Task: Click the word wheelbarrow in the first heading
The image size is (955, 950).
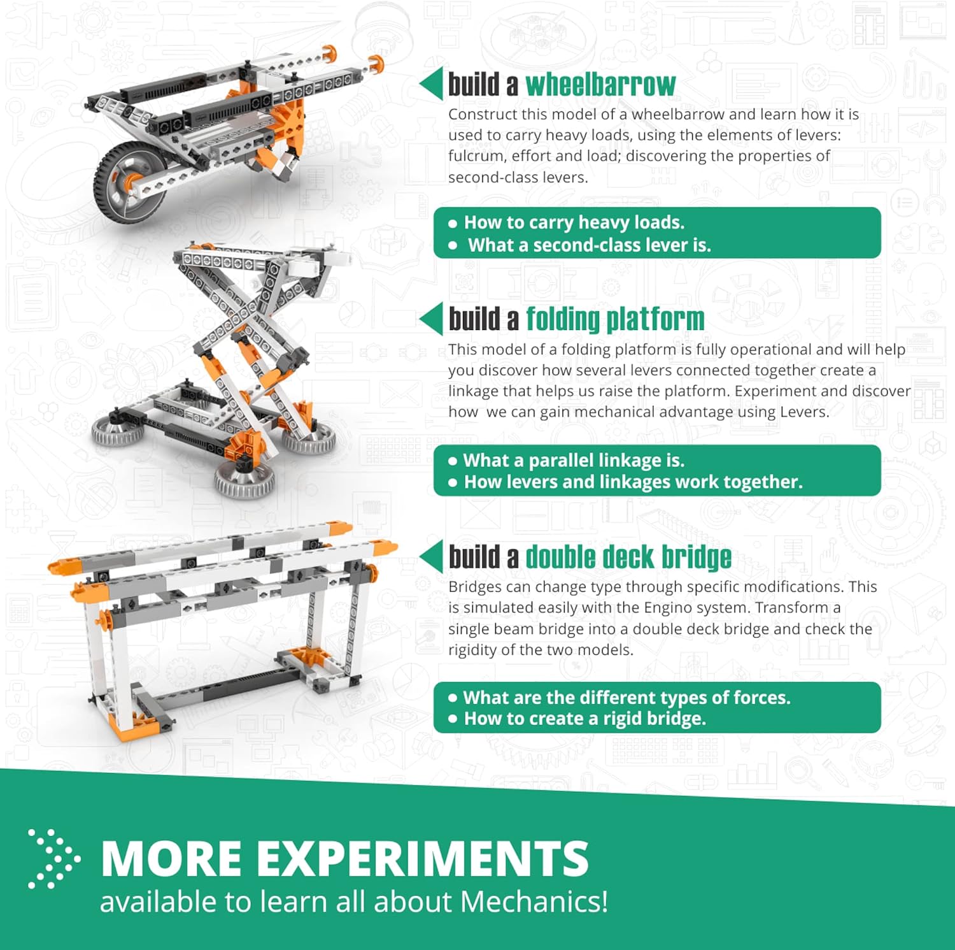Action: (x=600, y=85)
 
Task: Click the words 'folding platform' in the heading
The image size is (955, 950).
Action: (x=615, y=319)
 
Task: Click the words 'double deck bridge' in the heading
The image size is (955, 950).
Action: (x=628, y=557)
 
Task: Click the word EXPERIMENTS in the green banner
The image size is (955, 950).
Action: (x=423, y=858)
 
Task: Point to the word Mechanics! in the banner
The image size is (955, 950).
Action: (x=534, y=902)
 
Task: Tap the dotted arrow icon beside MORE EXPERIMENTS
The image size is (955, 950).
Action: (x=55, y=859)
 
